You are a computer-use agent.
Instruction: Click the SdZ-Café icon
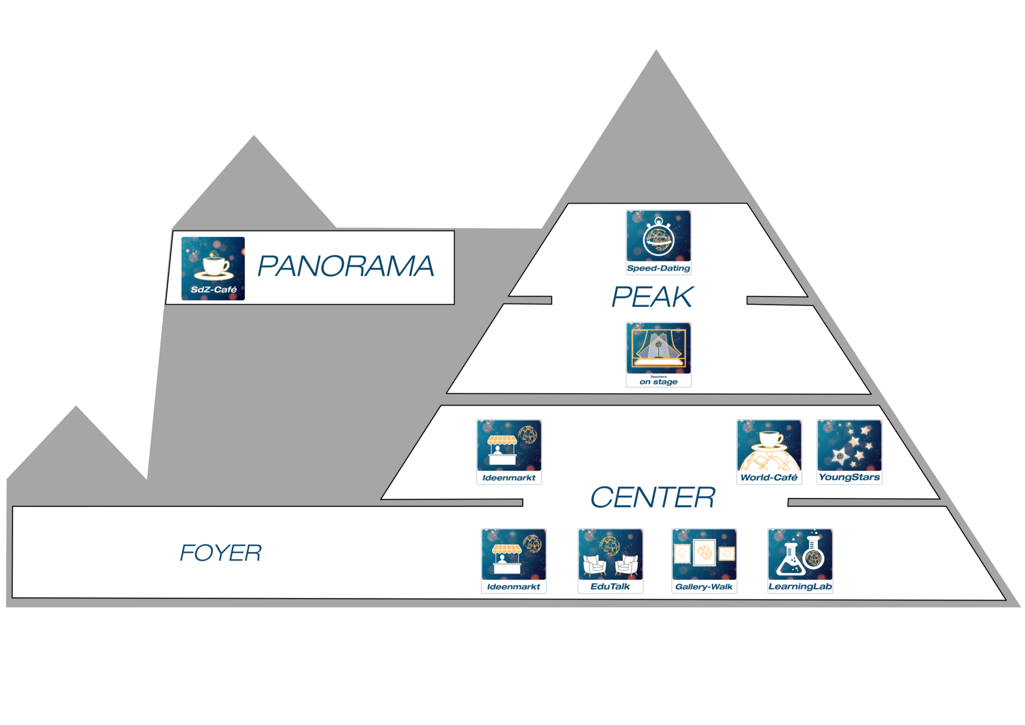tap(213, 269)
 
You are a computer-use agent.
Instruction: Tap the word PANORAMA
tap(345, 266)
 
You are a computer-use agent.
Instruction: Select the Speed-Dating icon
tap(658, 242)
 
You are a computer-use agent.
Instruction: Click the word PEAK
tap(652, 297)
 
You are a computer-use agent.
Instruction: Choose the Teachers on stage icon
tap(658, 354)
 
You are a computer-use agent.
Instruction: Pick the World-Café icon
tap(769, 452)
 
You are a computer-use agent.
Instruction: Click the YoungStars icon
tap(849, 452)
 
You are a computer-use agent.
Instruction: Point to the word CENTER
tap(652, 498)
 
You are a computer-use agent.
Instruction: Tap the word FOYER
tap(220, 553)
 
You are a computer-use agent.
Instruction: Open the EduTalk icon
tap(610, 560)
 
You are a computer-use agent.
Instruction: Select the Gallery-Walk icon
tap(704, 560)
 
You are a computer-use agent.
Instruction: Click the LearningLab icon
tap(800, 560)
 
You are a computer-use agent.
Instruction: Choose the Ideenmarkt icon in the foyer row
tap(514, 560)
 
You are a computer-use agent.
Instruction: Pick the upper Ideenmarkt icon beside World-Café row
tap(509, 452)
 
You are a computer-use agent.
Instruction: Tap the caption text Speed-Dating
tap(658, 268)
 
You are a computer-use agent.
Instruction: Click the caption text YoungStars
tap(849, 477)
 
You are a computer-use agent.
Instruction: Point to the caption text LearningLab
tap(800, 587)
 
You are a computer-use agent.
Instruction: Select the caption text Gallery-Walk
tap(704, 587)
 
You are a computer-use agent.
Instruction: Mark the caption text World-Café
tap(769, 478)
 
